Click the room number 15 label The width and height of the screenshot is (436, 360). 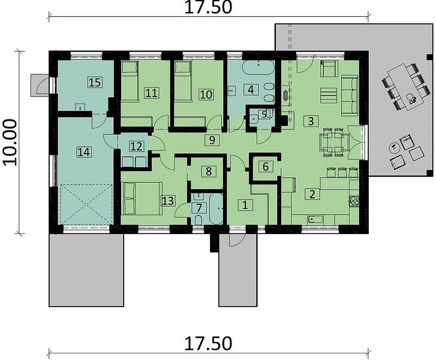click(x=95, y=82)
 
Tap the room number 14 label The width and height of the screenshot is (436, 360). click(x=84, y=152)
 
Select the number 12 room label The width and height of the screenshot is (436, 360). click(x=136, y=146)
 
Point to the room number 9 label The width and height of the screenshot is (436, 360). click(x=212, y=140)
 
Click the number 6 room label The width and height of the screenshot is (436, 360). click(x=266, y=166)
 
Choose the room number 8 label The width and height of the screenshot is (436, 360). click(x=209, y=171)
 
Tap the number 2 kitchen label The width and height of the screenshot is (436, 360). click(x=312, y=194)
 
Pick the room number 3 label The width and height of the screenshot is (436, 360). click(x=311, y=121)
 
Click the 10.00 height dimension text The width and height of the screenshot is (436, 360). click(x=10, y=142)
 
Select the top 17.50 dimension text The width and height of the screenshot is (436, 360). click(x=208, y=8)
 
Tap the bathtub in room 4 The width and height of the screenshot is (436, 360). click(x=258, y=68)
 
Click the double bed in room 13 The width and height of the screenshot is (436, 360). click(x=142, y=198)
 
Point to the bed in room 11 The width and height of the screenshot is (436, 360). click(x=130, y=80)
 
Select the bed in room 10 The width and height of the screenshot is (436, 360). click(x=183, y=80)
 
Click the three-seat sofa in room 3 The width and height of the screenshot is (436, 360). click(x=350, y=95)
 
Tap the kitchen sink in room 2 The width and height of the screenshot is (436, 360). click(x=315, y=220)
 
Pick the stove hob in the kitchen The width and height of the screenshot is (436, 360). click(x=354, y=201)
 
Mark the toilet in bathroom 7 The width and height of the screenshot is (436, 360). click(x=199, y=220)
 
